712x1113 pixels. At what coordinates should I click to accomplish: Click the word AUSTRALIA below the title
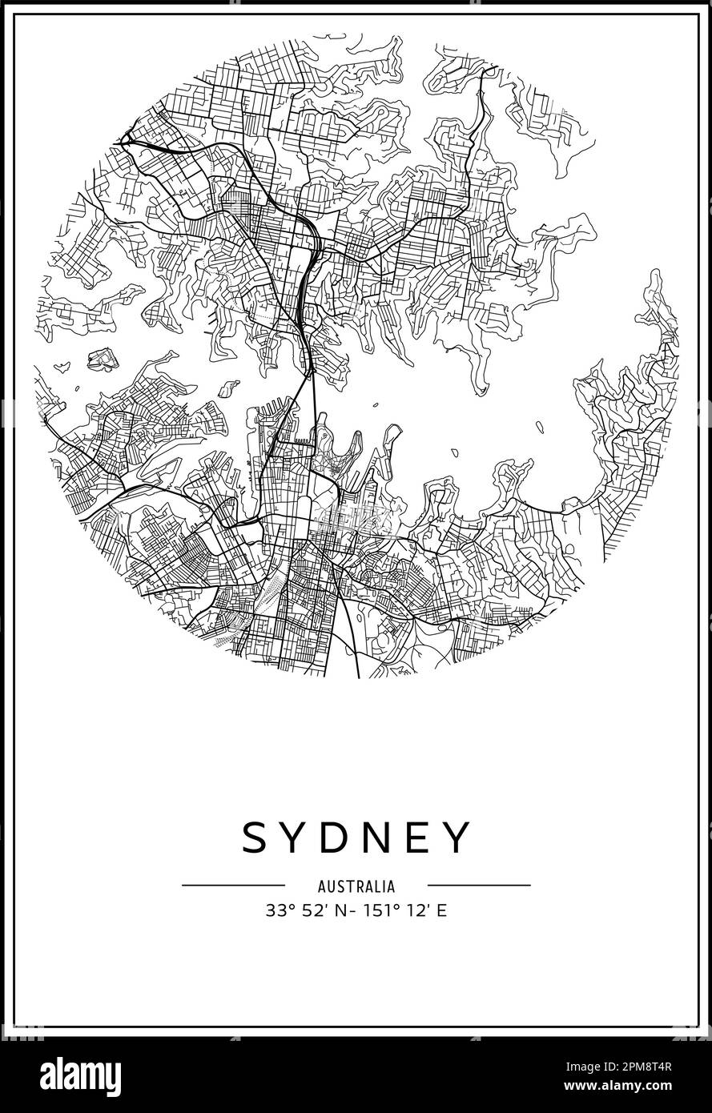[356, 886]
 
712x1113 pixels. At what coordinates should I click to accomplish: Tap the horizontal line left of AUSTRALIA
[233, 886]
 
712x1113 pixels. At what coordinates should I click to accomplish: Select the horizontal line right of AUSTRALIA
[479, 886]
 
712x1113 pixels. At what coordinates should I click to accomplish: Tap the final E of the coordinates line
[441, 910]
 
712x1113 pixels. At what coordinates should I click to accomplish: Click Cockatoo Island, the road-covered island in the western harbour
[103, 359]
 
